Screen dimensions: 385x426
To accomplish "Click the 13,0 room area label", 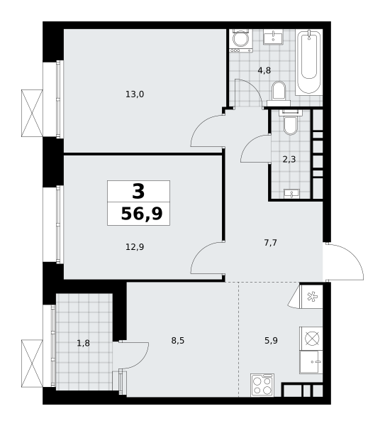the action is click(x=135, y=94).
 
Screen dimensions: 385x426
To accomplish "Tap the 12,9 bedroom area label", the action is click(x=135, y=247).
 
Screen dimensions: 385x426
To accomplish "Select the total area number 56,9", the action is click(x=142, y=214).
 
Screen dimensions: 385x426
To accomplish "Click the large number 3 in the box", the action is click(x=138, y=191).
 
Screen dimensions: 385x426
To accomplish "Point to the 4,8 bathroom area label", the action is click(x=264, y=70).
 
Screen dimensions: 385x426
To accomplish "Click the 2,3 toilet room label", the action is click(x=289, y=160).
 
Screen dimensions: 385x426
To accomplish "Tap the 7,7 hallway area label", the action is click(x=271, y=243).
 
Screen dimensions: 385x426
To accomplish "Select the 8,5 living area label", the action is click(x=178, y=340).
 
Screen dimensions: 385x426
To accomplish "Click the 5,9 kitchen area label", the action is click(x=271, y=340).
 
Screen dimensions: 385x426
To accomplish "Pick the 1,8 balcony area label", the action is click(x=83, y=344).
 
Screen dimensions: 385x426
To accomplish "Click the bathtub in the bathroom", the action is click(x=308, y=62).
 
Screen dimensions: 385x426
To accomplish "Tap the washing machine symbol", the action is click(x=241, y=40).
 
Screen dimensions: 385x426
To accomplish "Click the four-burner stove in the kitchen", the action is click(x=262, y=385).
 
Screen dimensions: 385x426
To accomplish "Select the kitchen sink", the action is click(x=311, y=362).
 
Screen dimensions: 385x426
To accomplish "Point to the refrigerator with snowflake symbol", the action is click(x=311, y=296).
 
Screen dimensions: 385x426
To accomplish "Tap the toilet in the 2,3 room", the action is click(x=290, y=122).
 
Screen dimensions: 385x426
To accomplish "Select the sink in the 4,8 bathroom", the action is click(x=273, y=37).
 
